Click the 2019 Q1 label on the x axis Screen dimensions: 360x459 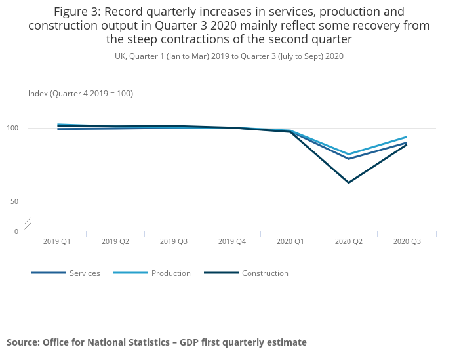tap(57, 242)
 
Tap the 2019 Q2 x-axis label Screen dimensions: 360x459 tap(115, 242)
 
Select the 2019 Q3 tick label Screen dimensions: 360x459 tap(174, 242)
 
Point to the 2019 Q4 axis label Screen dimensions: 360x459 tap(232, 242)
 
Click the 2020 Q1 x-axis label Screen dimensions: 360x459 tap(290, 242)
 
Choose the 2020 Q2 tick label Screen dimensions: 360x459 tap(349, 242)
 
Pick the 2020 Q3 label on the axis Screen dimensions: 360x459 tap(407, 242)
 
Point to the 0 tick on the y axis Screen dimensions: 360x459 tap(16, 231)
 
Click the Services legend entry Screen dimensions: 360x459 tap(85, 273)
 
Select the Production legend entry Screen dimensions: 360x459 tap(170, 273)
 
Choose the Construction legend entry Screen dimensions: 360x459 tap(265, 273)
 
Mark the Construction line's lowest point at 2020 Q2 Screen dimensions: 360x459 tap(349, 183)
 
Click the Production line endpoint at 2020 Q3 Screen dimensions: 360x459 tap(407, 137)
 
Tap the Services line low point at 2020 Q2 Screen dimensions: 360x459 tap(349, 159)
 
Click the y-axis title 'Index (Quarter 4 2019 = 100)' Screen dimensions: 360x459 tap(81, 94)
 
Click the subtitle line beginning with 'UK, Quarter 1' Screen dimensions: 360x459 tap(229, 56)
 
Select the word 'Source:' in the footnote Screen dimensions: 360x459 tap(23, 342)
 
